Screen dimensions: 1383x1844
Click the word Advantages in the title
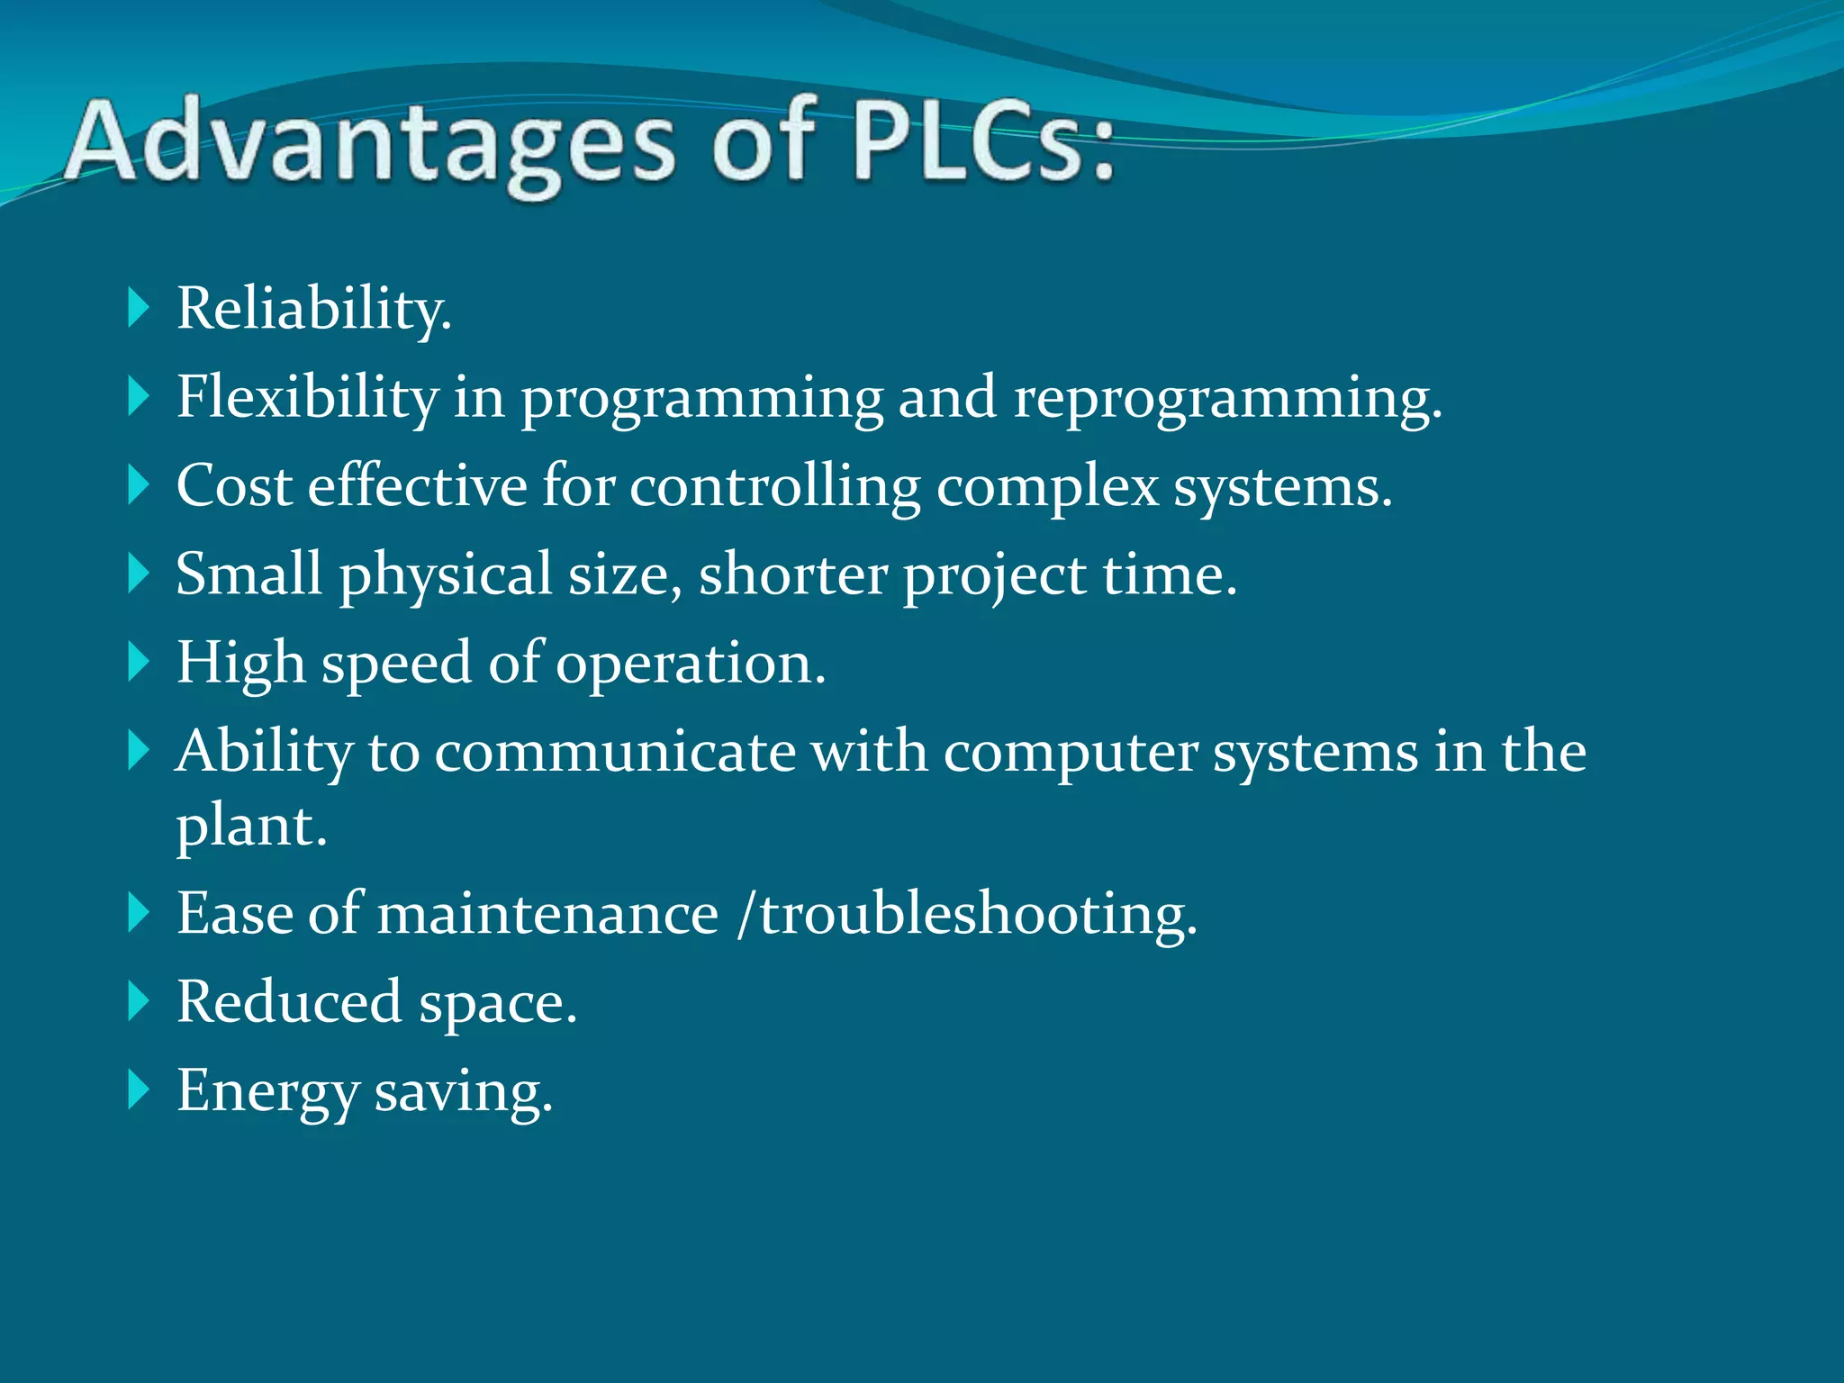point(369,144)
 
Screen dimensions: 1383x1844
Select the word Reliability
point(313,309)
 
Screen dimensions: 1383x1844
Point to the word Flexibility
point(307,397)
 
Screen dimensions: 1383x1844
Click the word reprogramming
point(1227,398)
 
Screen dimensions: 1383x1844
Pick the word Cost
point(234,486)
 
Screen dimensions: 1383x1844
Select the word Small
point(249,574)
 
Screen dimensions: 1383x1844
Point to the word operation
point(690,664)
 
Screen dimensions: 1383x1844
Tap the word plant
point(250,826)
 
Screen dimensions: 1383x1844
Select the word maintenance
point(547,914)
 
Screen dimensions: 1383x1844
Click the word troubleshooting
point(978,915)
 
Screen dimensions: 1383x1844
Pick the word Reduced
point(289,1001)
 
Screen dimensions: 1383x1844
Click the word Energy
point(267,1091)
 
